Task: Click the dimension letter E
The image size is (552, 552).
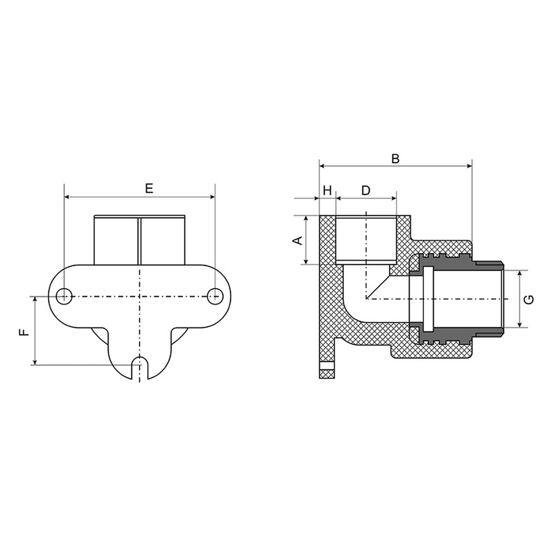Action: pos(148,188)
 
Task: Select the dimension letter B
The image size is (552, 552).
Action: pos(395,158)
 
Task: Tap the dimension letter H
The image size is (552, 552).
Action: pos(327,191)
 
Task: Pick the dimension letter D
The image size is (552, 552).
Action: pos(366,191)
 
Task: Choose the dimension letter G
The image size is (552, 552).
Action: pos(529,299)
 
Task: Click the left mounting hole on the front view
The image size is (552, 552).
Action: pos(65,296)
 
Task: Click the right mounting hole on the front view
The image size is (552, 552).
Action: pos(214,296)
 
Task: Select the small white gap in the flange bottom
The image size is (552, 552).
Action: pos(327,365)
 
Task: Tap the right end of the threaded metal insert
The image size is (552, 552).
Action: pos(502,299)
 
